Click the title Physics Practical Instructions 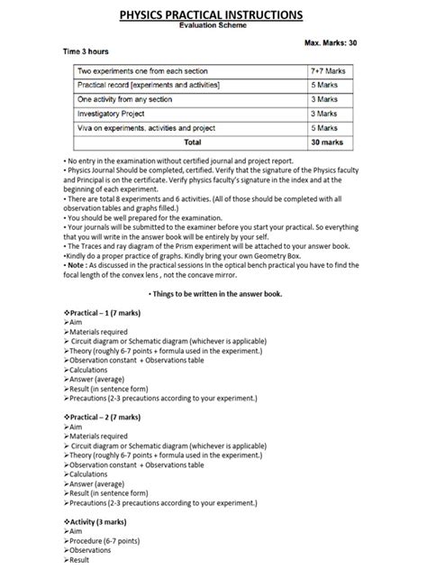pos(213,15)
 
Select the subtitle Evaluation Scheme pos(213,27)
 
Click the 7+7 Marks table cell pos(323,70)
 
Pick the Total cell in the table pos(192,142)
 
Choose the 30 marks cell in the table pos(323,142)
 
